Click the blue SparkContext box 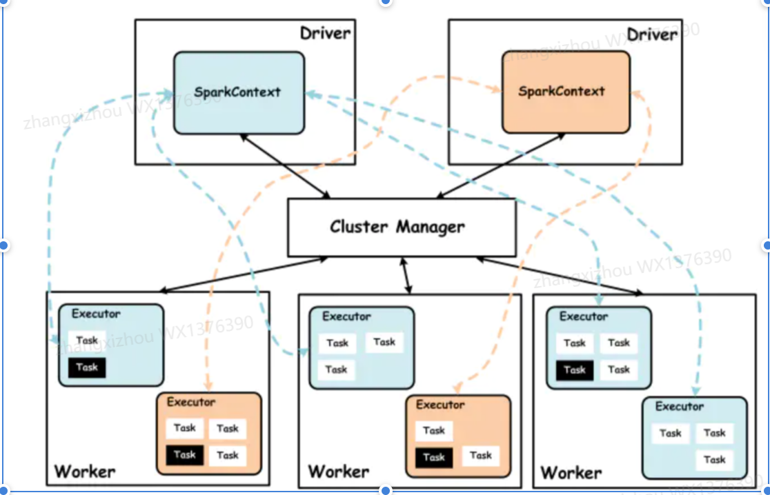[x=238, y=93]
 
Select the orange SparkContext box [x=565, y=92]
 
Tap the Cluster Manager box [x=402, y=228]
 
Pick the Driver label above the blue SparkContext [x=325, y=33]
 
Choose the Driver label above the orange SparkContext [x=652, y=34]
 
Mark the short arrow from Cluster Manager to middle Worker [x=406, y=275]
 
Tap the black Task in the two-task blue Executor [x=87, y=367]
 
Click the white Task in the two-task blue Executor [x=87, y=341]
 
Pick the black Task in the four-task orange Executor [x=184, y=455]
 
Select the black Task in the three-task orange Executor [x=433, y=457]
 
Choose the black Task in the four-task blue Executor [x=574, y=370]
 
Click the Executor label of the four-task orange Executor [x=191, y=402]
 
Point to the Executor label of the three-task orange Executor [x=440, y=405]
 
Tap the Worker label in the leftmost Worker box [x=85, y=472]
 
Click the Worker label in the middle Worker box [x=338, y=472]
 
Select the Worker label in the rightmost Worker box [x=571, y=473]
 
